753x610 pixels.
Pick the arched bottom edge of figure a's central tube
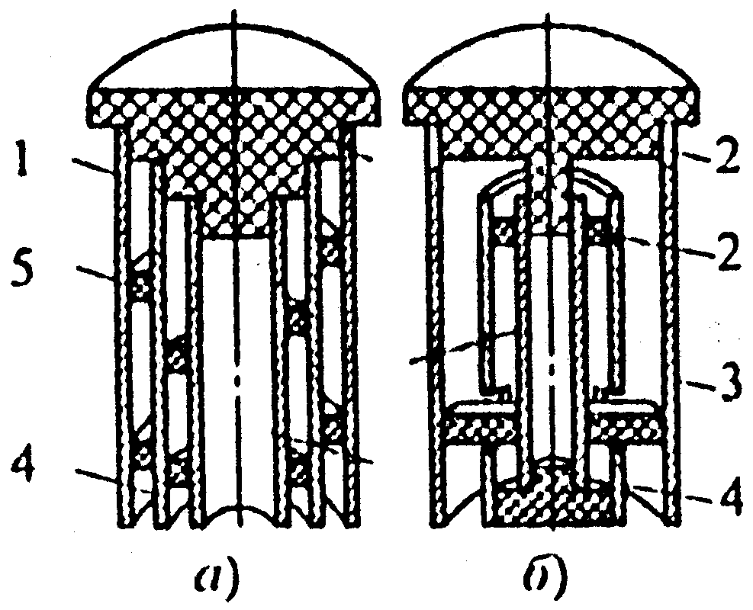pos(238,509)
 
